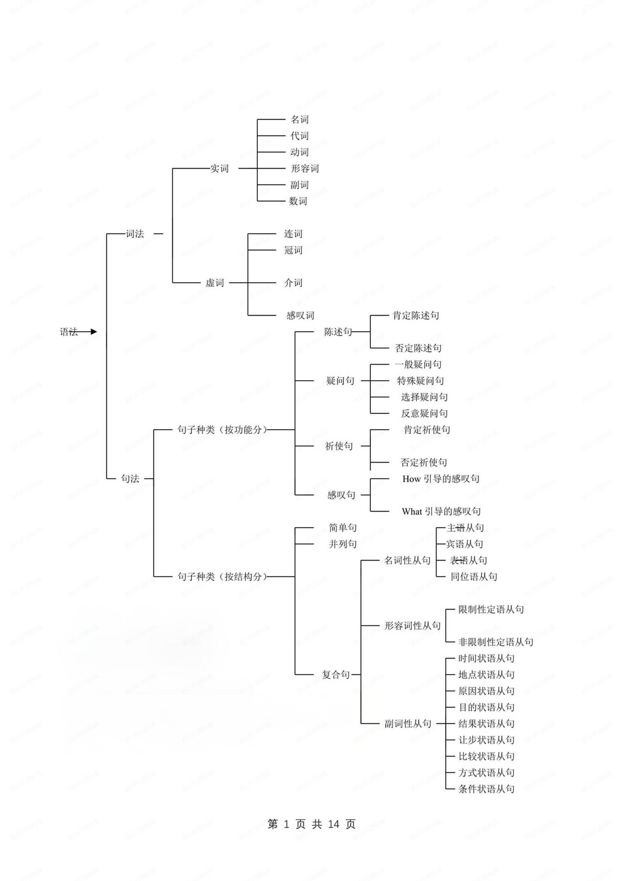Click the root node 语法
[69, 332]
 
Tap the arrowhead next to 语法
[94, 332]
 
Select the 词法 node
[135, 234]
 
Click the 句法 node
[130, 479]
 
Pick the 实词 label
[219, 168]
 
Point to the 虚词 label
[215, 283]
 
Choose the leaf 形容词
[305, 168]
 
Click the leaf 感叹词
[300, 315]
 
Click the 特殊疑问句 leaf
[421, 381]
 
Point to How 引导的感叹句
[441, 479]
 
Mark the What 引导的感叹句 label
[441, 512]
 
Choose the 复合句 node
[336, 675]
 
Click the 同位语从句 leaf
[474, 577]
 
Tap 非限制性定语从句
[496, 642]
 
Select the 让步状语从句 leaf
[487, 740]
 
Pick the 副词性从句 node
[408, 724]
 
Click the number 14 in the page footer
[334, 824]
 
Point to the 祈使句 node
[339, 446]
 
